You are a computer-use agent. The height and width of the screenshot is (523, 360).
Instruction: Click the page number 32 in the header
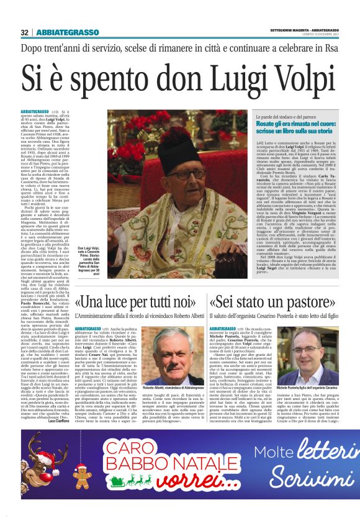[x=24, y=32]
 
